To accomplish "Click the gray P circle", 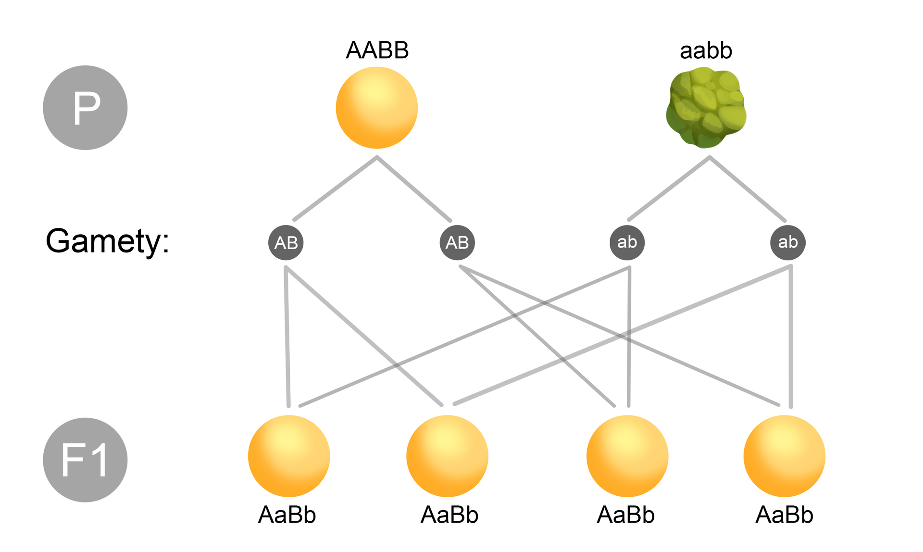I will [85, 108].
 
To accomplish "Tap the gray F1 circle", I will [85, 460].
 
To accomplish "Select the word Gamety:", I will [107, 241].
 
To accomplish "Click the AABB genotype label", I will [377, 50].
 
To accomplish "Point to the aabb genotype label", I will [706, 50].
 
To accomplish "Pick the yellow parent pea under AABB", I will [377, 108].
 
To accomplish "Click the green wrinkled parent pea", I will [706, 108].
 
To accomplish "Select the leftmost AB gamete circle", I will [286, 243].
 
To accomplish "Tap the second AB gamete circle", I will [457, 243].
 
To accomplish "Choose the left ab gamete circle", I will [627, 243].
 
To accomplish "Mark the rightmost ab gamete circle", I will [788, 243].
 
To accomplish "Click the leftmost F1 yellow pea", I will [289, 456].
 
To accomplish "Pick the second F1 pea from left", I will [447, 456].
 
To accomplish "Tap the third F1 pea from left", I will [627, 456].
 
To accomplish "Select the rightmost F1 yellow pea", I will [785, 456].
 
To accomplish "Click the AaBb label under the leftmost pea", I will [287, 515].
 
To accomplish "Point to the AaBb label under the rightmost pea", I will [785, 515].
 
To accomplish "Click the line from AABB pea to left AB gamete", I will [336, 188].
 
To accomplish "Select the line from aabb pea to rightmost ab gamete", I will [748, 189].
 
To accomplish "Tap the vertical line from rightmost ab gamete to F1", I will [791, 337].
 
